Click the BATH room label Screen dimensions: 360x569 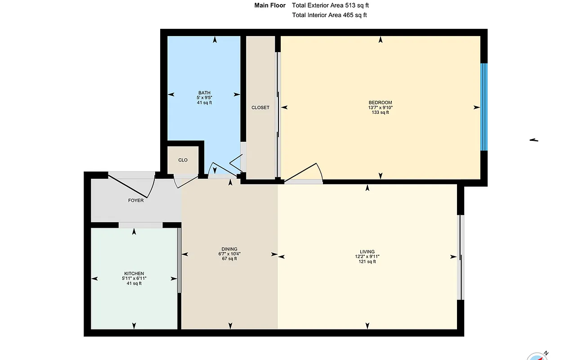click(x=204, y=93)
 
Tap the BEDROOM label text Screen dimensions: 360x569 click(x=380, y=103)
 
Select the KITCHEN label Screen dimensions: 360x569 click(x=134, y=274)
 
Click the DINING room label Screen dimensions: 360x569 click(x=229, y=249)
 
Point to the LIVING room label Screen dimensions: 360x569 click(x=367, y=252)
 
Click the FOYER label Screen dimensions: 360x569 click(x=136, y=200)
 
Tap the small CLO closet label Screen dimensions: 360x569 click(x=183, y=160)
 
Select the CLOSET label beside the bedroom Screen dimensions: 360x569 click(x=260, y=108)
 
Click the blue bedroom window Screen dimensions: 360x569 click(x=484, y=107)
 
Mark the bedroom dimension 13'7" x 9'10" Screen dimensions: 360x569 click(x=380, y=108)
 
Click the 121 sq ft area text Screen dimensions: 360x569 click(x=367, y=261)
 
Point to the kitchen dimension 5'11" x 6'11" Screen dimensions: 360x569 click(x=134, y=279)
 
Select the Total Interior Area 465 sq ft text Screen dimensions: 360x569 click(x=330, y=15)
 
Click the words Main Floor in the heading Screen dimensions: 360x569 click(x=270, y=5)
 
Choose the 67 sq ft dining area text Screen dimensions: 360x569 click(x=229, y=259)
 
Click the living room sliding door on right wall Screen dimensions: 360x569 click(x=460, y=257)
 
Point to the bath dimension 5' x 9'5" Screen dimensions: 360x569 click(x=204, y=98)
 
